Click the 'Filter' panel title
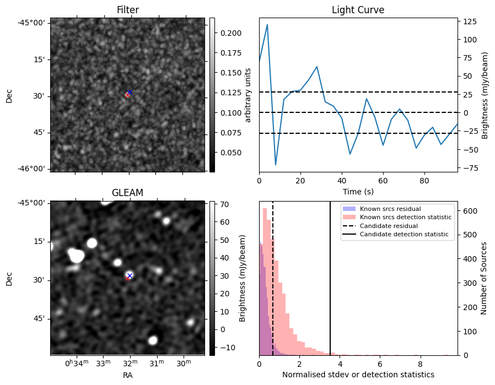pos(127,10)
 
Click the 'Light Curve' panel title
pos(358,10)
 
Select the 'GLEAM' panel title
pos(127,193)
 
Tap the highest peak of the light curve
pos(267,25)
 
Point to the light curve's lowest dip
pos(276,165)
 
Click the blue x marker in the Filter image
pos(130,92)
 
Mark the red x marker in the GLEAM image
pos(127,278)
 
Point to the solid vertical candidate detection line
pos(330,286)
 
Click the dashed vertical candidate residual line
pos(273,286)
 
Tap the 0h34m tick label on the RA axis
pos(76,363)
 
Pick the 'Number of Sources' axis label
pos(484,278)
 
